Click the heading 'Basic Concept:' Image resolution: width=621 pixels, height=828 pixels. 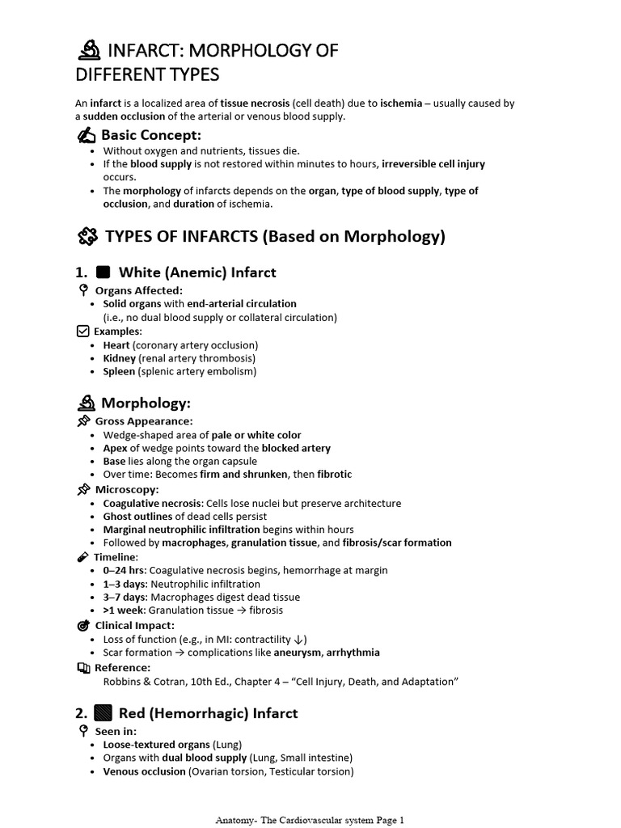click(150, 135)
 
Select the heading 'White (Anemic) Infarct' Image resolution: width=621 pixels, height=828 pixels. click(197, 272)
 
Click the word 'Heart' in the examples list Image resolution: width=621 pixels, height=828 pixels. click(116, 345)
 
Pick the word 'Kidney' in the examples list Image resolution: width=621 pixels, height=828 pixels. click(120, 358)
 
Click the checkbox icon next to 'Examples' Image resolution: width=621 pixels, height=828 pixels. click(82, 331)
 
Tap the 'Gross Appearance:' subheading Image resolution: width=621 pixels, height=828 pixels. click(144, 421)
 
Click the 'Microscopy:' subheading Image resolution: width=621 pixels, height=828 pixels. click(127, 489)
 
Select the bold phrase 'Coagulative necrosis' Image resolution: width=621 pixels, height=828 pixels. click(151, 503)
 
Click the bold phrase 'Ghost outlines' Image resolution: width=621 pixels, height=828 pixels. click(137, 516)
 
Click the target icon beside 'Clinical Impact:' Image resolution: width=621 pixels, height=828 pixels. click(82, 625)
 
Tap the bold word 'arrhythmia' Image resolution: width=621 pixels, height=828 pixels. click(353, 652)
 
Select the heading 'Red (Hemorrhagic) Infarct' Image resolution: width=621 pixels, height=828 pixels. click(208, 713)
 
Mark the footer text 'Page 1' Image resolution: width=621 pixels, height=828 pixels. click(385, 820)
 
